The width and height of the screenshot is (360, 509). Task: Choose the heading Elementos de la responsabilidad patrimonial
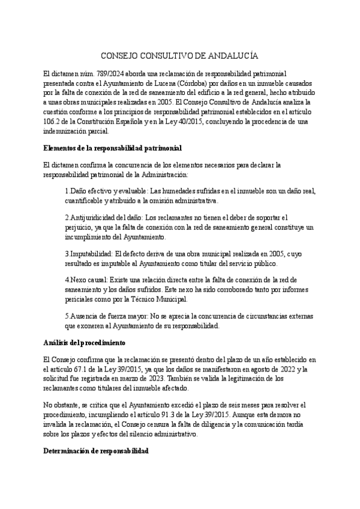pos(113,147)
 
